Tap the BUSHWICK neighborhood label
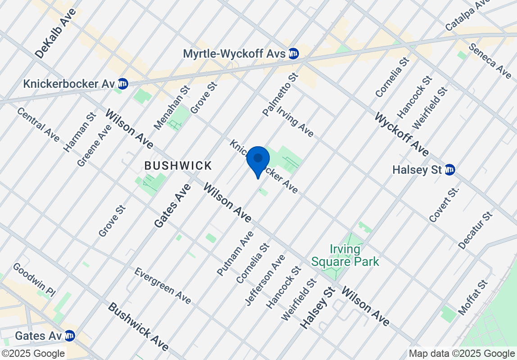click(x=178, y=166)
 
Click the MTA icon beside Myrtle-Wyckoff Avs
click(x=294, y=54)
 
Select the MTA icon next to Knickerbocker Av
click(x=122, y=84)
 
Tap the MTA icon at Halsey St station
click(x=449, y=170)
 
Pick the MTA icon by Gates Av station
click(x=69, y=336)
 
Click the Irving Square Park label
click(x=345, y=255)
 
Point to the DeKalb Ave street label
click(x=55, y=33)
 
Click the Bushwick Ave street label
click(x=138, y=326)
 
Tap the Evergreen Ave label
click(x=163, y=286)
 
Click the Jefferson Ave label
click(x=265, y=280)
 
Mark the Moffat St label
click(x=473, y=297)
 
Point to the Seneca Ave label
click(x=490, y=61)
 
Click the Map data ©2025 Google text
click(x=462, y=354)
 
